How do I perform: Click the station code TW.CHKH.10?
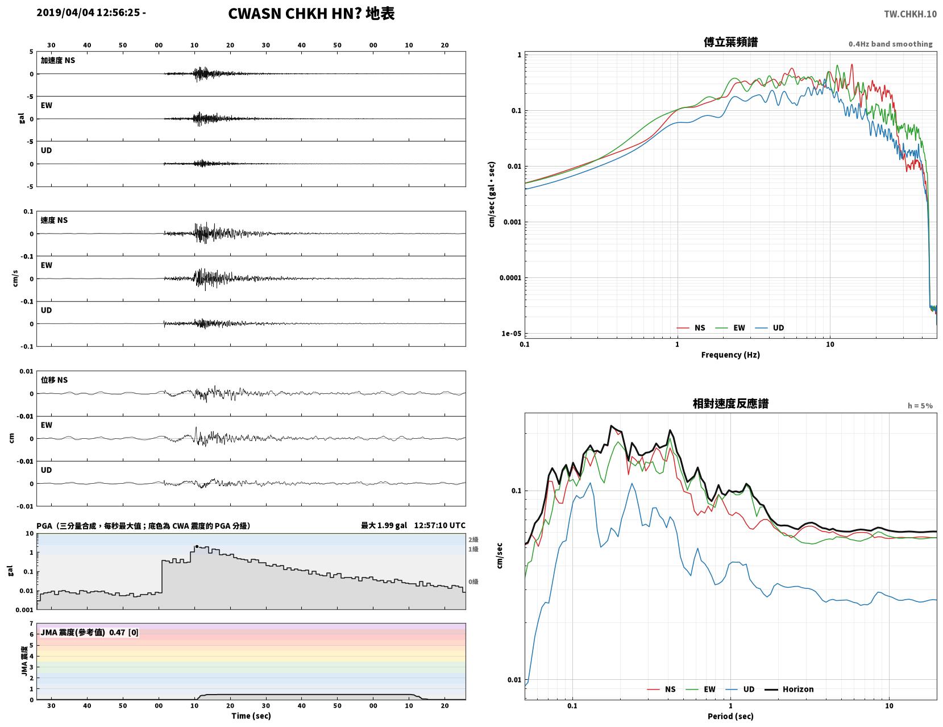[x=910, y=14]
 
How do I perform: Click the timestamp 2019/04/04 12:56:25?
[x=88, y=13]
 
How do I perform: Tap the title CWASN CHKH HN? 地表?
[x=311, y=14]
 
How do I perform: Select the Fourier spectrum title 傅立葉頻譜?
[x=730, y=42]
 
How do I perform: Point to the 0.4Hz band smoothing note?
[x=890, y=44]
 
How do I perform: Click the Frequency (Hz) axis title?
[x=730, y=354]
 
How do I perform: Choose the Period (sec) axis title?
[x=730, y=716]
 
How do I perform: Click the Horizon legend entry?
[x=788, y=689]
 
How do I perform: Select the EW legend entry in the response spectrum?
[x=700, y=689]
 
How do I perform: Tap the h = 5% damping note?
[x=920, y=406]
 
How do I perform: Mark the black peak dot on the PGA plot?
[x=197, y=547]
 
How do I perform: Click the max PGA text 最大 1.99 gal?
[x=384, y=525]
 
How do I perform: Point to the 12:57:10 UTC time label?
[x=439, y=525]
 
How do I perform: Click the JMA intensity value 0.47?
[x=117, y=633]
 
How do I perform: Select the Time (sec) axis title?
[x=251, y=716]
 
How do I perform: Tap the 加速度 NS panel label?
[x=58, y=60]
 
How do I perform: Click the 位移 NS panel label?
[x=54, y=380]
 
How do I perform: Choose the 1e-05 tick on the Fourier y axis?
[x=511, y=334]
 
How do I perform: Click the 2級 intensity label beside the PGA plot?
[x=473, y=539]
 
